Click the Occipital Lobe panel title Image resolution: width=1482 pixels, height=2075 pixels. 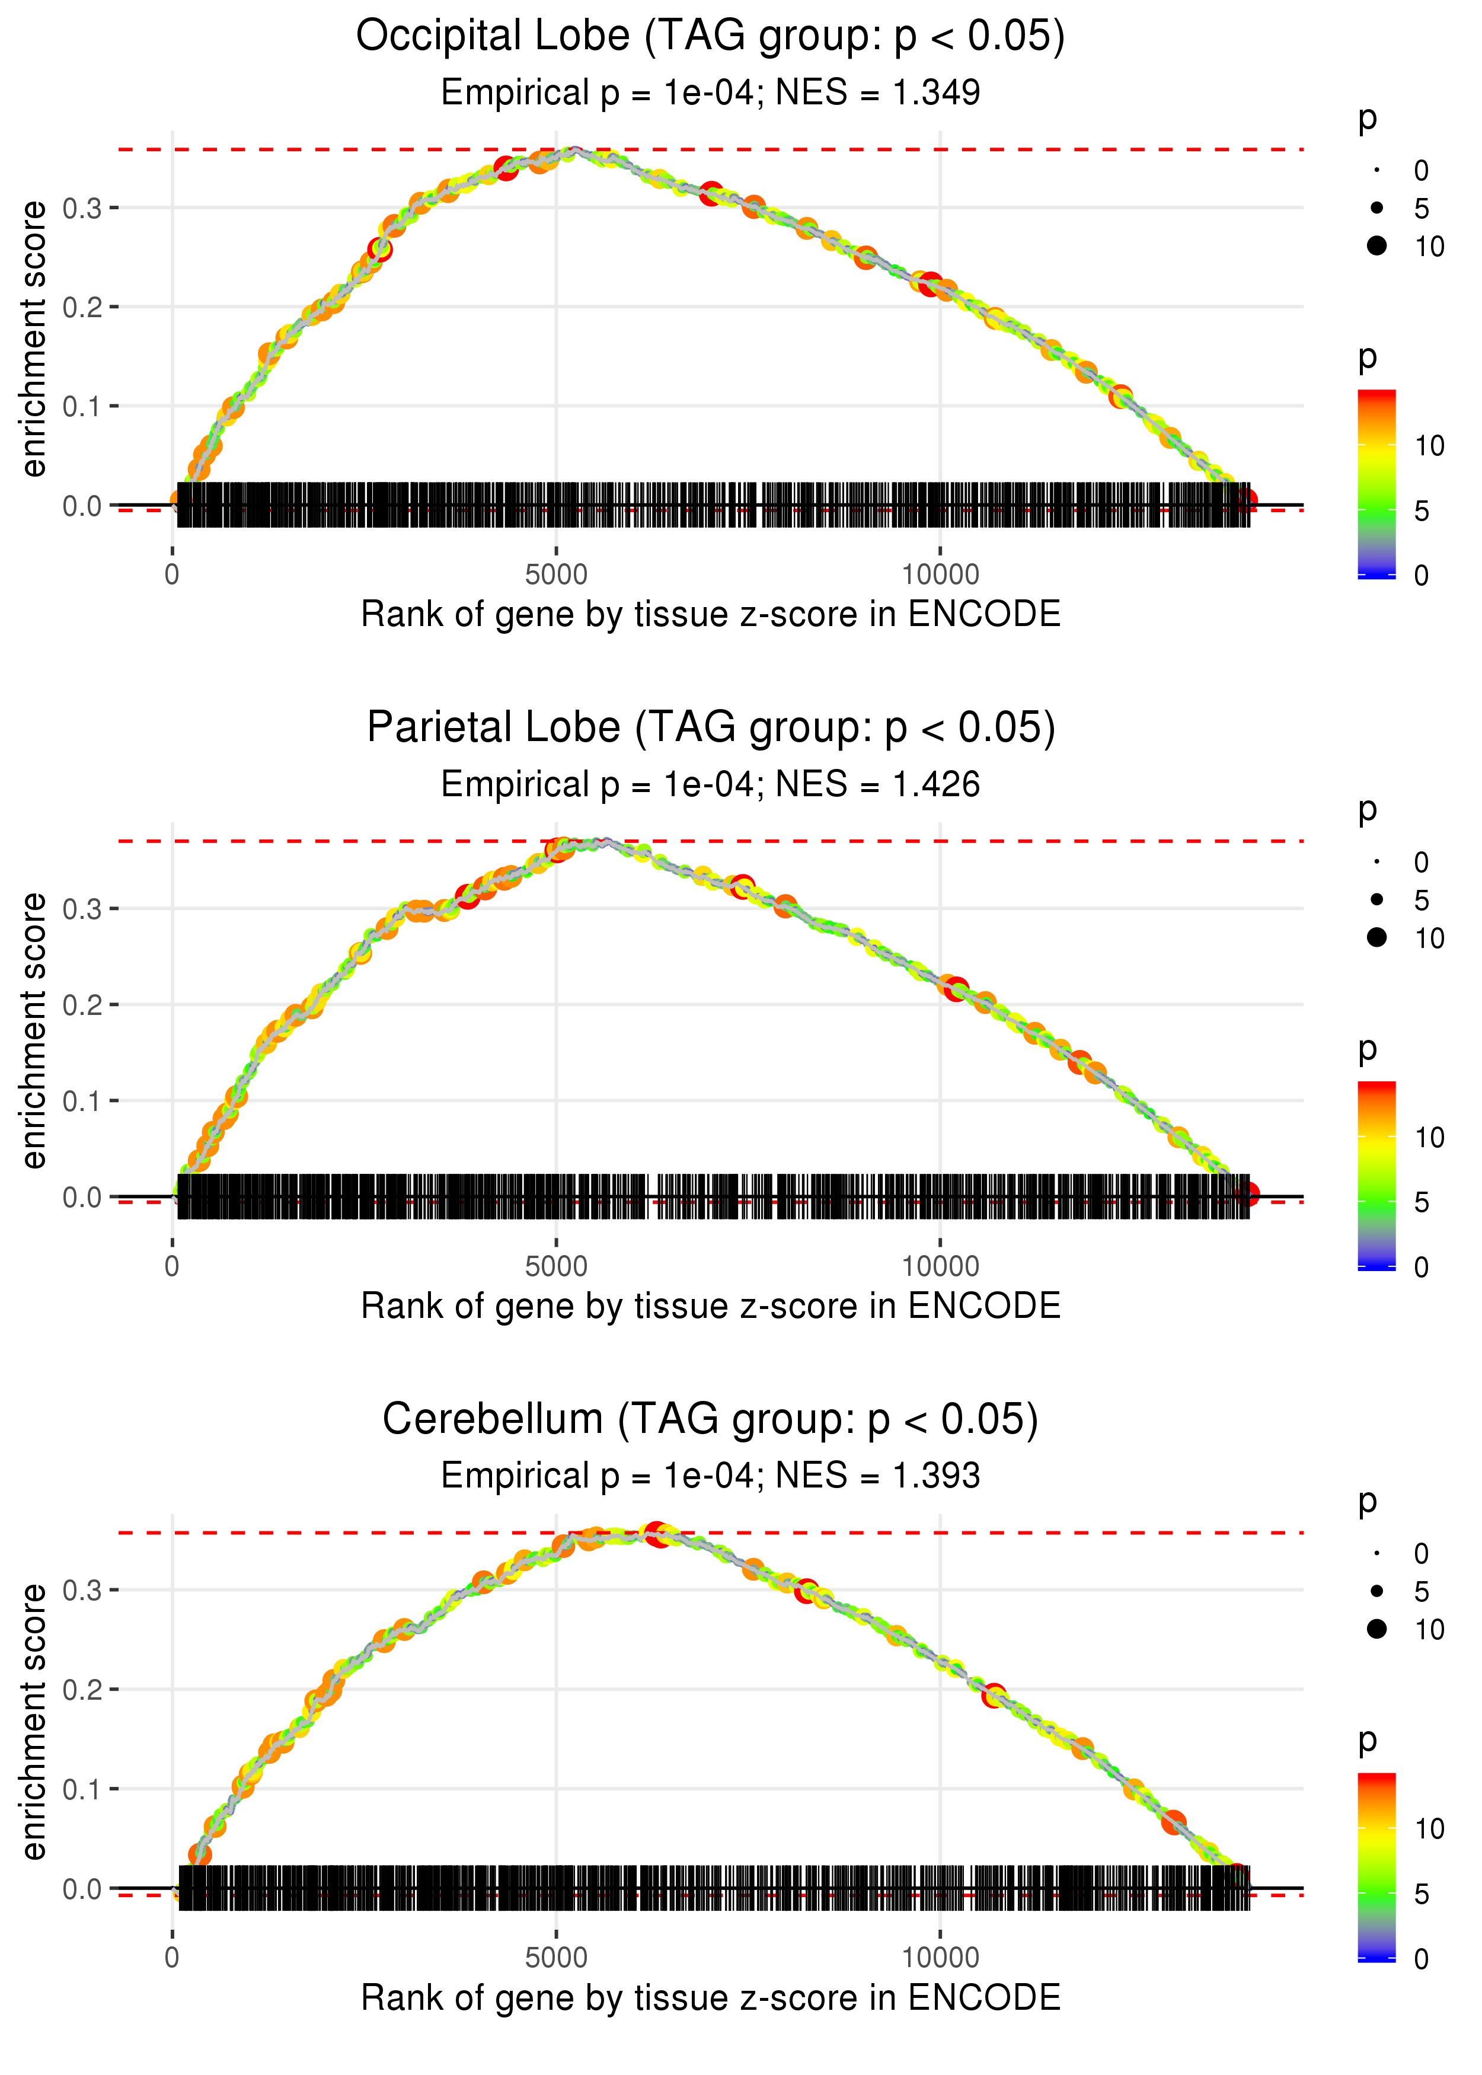tap(710, 37)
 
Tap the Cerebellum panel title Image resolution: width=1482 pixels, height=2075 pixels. tap(710, 1420)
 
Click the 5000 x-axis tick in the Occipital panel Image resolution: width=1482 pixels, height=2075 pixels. tap(556, 575)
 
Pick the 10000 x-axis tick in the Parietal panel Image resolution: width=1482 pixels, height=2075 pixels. tap(940, 1266)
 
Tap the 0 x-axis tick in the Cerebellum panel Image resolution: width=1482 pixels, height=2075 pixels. tap(173, 1958)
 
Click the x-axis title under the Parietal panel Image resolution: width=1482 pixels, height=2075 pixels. tap(710, 1306)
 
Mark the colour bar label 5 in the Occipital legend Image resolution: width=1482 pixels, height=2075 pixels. tap(1421, 511)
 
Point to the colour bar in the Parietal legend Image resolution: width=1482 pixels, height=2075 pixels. tap(1376, 1175)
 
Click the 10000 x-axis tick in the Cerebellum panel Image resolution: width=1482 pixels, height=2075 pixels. tap(940, 1958)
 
